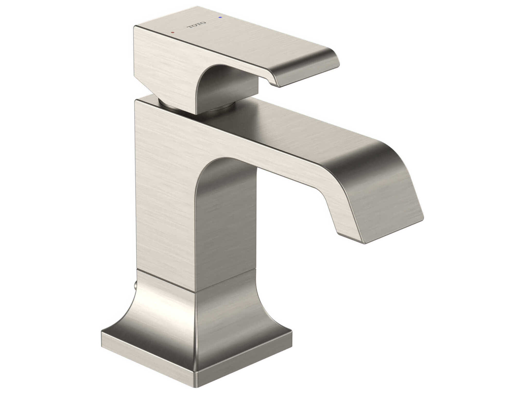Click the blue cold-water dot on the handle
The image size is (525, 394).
point(220,18)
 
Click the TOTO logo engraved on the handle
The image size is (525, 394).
point(196,25)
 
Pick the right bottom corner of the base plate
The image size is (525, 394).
point(292,340)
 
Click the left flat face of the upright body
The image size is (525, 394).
point(165,193)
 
